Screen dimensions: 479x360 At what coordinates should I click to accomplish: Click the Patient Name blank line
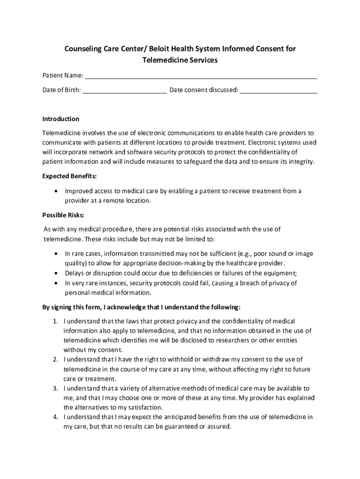201,77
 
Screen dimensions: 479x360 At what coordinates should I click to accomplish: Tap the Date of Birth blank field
125,91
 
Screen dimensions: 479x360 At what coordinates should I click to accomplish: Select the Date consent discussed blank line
279,91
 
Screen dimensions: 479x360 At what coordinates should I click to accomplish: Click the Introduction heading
61,119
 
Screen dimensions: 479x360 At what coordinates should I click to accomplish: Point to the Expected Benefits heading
70,176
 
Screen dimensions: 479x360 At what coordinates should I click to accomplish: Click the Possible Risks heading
63,215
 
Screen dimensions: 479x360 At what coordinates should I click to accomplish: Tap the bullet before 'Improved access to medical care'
57,191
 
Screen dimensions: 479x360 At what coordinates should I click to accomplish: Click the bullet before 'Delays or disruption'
57,273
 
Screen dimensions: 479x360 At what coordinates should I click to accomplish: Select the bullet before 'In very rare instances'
57,283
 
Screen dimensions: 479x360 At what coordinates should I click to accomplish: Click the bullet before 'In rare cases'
57,254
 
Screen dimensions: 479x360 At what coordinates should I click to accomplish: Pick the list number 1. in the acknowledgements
55,321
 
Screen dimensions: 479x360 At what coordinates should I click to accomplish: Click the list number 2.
55,360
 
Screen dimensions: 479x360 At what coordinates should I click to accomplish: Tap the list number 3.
55,389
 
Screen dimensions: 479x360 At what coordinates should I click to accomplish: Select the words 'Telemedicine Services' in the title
180,60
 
